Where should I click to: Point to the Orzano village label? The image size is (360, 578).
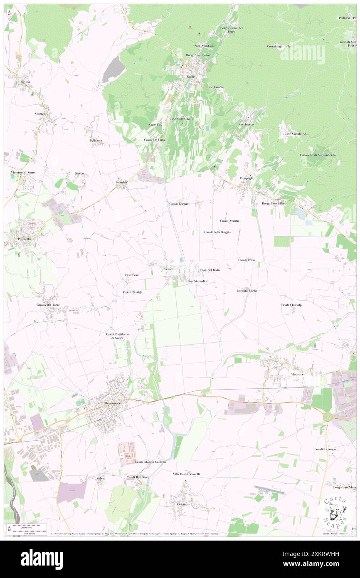click(x=182, y=504)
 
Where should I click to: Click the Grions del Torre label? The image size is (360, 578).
click(x=48, y=305)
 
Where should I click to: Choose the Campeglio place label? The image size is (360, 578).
click(x=247, y=178)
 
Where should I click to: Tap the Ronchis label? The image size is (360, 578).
click(x=122, y=182)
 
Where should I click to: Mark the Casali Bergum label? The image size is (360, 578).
click(x=180, y=204)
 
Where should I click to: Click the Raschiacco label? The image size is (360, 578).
click(x=246, y=124)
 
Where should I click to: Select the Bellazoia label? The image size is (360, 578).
click(x=96, y=141)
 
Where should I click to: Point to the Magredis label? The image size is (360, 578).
click(x=42, y=114)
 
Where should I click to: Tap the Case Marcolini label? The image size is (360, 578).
click(x=197, y=282)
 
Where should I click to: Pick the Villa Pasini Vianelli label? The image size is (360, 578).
click(x=186, y=474)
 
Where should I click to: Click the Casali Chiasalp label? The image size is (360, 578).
click(x=291, y=305)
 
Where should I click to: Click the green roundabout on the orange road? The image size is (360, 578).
click(x=328, y=416)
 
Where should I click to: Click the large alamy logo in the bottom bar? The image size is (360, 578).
click(x=42, y=559)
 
